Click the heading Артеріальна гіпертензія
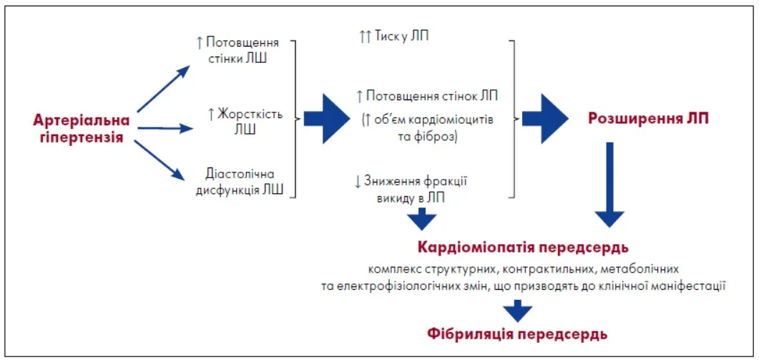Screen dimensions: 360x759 click(82, 128)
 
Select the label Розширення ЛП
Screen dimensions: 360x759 click(648, 119)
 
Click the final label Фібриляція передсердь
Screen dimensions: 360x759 click(517, 334)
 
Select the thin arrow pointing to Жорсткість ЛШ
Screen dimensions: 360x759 click(165, 129)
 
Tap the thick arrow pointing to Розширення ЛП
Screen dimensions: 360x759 click(548, 118)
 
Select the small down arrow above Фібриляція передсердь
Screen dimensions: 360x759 click(516, 311)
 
